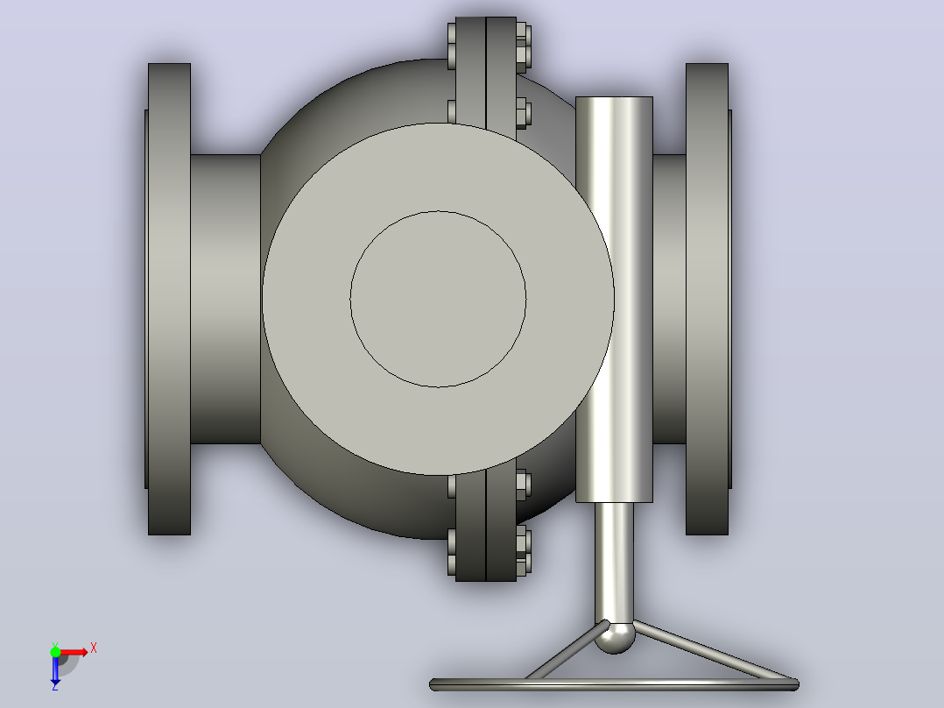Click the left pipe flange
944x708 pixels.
[x=168, y=299]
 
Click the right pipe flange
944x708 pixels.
[x=708, y=299]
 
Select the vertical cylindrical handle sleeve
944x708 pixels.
[x=614, y=300]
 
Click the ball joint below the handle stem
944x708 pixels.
[x=615, y=638]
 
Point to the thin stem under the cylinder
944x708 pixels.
[x=614, y=563]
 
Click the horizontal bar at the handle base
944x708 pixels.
[x=614, y=684]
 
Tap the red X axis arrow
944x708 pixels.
[x=74, y=652]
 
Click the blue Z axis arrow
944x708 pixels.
[x=55, y=669]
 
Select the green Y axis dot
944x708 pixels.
[x=55, y=651]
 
